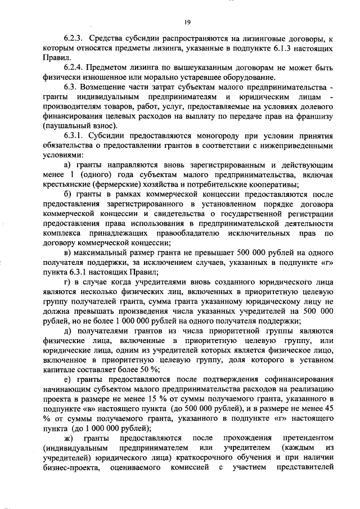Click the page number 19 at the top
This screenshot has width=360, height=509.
click(x=187, y=22)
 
